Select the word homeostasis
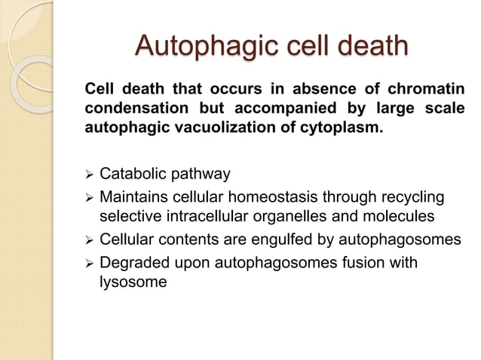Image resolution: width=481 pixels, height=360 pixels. (277, 197)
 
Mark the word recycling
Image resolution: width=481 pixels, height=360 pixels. (407, 197)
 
